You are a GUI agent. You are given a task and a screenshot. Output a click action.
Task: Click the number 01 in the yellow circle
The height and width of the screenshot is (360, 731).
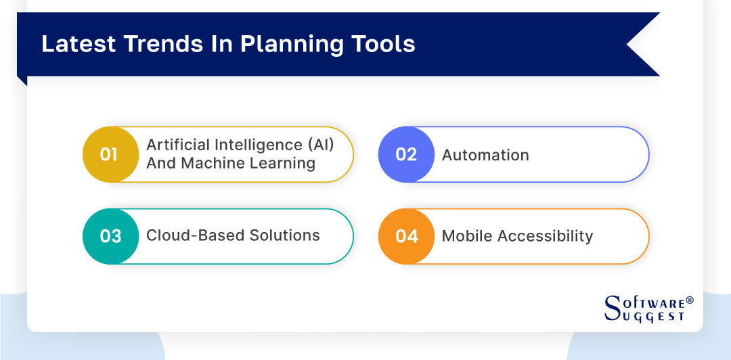pyautogui.click(x=109, y=154)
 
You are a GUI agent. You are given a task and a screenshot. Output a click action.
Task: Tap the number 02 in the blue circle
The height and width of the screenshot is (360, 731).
pyautogui.click(x=405, y=154)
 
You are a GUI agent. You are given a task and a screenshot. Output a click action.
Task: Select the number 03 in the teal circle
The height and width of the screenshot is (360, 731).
pyautogui.click(x=110, y=236)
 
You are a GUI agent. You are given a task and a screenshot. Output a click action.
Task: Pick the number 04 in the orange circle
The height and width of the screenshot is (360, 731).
pyautogui.click(x=407, y=236)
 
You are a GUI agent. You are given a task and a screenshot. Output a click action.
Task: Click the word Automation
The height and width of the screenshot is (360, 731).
pyautogui.click(x=485, y=155)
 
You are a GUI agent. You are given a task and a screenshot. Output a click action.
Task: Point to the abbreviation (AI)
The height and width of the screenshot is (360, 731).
pyautogui.click(x=321, y=145)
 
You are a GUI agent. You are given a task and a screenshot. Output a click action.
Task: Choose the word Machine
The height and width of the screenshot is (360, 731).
pyautogui.click(x=212, y=164)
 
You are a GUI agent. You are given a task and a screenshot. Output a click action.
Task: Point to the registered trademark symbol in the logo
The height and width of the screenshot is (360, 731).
pyautogui.click(x=690, y=299)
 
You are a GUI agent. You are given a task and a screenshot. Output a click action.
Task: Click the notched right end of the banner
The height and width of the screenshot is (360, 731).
pyautogui.click(x=643, y=44)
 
